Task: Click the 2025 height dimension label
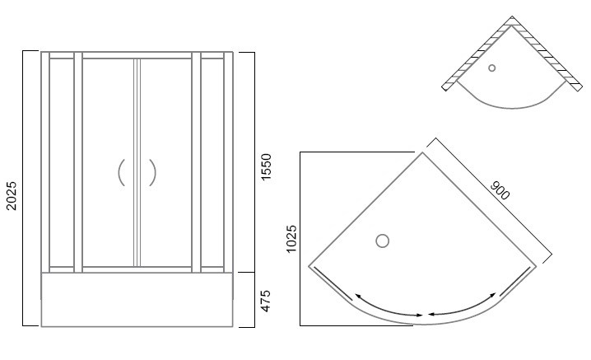(x=12, y=196)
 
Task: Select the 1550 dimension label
(x=266, y=167)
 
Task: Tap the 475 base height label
(x=266, y=301)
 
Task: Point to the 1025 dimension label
(x=291, y=239)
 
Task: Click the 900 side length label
(x=500, y=190)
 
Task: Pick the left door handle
(x=121, y=172)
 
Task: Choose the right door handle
(x=152, y=172)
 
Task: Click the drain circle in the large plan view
(x=382, y=241)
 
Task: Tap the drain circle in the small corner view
(x=492, y=68)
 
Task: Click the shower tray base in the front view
(x=137, y=299)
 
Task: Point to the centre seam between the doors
(x=137, y=162)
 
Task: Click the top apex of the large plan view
(x=422, y=152)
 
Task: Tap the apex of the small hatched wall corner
(x=512, y=16)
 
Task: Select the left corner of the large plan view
(x=309, y=266)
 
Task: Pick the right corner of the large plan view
(x=536, y=266)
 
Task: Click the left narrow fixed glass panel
(x=62, y=162)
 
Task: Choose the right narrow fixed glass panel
(x=212, y=162)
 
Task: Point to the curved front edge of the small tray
(x=512, y=108)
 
